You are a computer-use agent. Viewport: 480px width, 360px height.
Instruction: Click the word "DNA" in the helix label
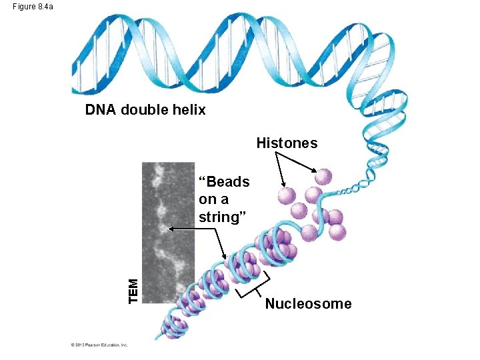100,110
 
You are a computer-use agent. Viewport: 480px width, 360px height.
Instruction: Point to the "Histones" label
287,143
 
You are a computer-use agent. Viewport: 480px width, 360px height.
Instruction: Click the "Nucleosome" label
308,304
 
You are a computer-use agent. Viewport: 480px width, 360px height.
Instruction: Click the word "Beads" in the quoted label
227,182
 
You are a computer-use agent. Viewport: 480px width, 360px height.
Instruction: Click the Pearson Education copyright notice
99,345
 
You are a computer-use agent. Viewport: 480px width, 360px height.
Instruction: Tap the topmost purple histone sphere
323,176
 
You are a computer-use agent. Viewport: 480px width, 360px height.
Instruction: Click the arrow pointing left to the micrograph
193,229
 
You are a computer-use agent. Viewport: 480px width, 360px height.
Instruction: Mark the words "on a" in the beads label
213,199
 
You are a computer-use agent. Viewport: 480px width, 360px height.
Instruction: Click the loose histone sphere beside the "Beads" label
285,195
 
